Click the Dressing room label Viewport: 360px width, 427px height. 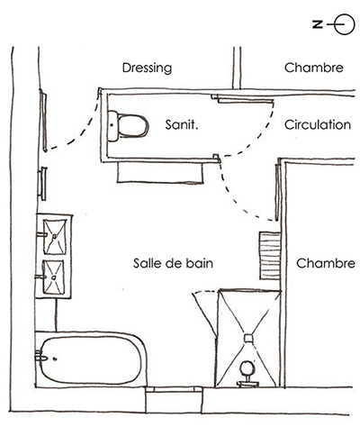click(x=147, y=68)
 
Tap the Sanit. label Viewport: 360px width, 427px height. click(x=182, y=124)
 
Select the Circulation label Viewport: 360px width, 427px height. click(x=318, y=124)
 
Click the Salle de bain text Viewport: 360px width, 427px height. click(x=173, y=263)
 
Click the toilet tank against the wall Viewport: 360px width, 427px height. click(x=112, y=126)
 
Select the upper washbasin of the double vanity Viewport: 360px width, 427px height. click(x=55, y=237)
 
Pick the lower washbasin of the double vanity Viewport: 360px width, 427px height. click(x=54, y=277)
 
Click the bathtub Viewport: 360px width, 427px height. click(x=91, y=359)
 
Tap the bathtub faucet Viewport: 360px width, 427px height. click(x=41, y=358)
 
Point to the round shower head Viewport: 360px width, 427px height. click(x=247, y=368)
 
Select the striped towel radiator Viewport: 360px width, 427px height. click(x=270, y=256)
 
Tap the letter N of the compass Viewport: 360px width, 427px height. click(x=318, y=24)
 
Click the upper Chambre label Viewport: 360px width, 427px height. click(x=314, y=68)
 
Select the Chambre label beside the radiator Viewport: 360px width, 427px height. click(x=326, y=263)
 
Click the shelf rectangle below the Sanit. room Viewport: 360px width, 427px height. click(x=160, y=172)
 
